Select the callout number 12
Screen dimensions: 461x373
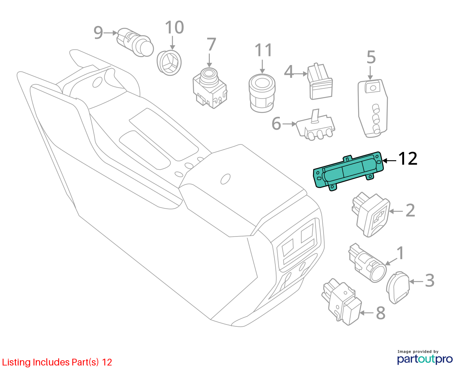coord(408,159)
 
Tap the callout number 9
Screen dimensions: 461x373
coord(98,32)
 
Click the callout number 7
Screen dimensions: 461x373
coord(211,44)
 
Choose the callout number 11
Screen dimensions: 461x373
coord(263,50)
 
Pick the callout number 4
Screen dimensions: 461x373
coord(289,71)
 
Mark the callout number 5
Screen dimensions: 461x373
coord(371,57)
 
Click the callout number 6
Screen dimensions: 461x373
coord(276,123)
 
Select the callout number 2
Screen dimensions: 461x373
coord(411,210)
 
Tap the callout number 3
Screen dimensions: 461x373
coord(430,281)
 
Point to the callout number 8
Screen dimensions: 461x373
coord(381,313)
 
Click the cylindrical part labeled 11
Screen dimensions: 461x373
coord(262,93)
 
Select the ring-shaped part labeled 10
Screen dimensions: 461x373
coord(169,63)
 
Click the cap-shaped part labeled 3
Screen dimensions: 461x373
coord(398,288)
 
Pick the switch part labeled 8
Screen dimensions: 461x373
coord(341,302)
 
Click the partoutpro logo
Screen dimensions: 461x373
coord(424,359)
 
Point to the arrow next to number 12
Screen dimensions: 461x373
coord(389,161)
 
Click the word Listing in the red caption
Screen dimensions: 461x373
coord(17,362)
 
